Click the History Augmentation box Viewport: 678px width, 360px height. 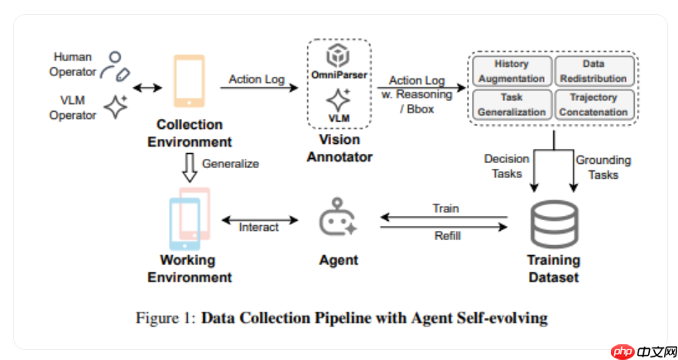point(511,71)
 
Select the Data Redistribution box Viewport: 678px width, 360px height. point(593,71)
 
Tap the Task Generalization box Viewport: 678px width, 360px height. point(511,104)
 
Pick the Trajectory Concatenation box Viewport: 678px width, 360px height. point(593,104)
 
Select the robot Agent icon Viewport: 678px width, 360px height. point(338,218)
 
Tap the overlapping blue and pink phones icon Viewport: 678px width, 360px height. point(189,218)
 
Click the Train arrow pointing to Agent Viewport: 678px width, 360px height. point(445,218)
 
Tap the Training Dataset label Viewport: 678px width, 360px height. point(554,268)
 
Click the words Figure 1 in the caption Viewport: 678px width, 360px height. point(166,317)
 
